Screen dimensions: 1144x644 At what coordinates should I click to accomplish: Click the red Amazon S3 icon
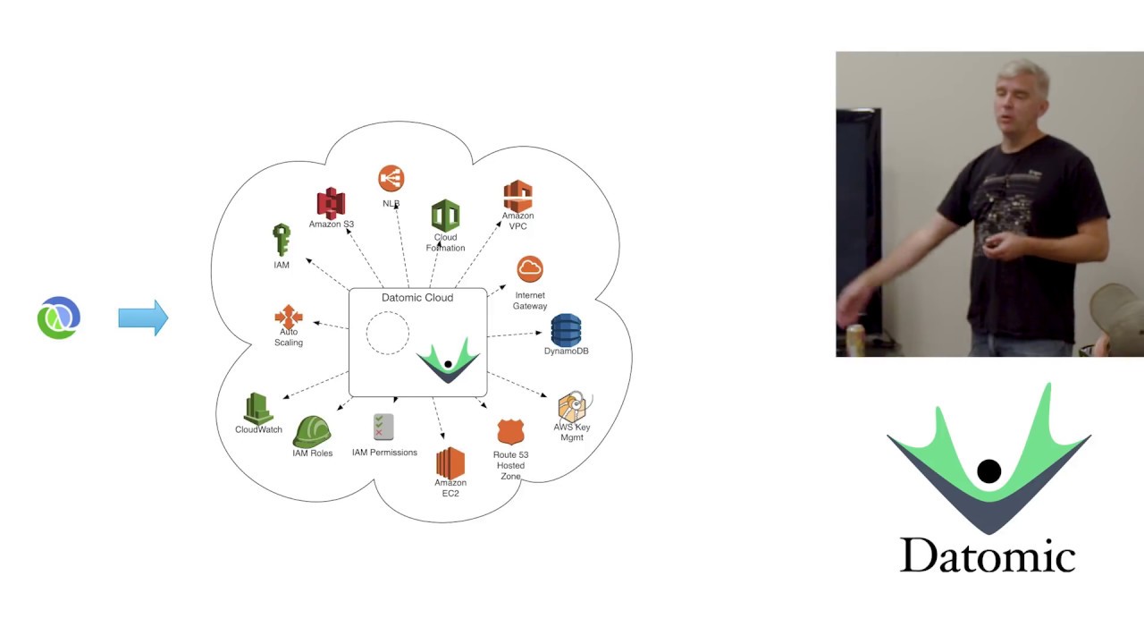(x=331, y=203)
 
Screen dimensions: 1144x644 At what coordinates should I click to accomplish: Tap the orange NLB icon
(x=391, y=178)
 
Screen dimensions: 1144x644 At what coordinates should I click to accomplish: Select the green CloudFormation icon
(x=445, y=216)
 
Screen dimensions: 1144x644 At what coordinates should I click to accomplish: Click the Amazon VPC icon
(x=517, y=196)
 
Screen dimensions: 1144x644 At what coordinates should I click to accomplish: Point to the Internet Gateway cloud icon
(x=530, y=269)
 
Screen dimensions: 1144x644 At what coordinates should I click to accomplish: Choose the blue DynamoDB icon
(x=566, y=330)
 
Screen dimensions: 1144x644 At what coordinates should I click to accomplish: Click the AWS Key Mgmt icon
(x=573, y=407)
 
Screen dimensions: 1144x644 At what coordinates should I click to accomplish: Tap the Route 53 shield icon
(x=510, y=432)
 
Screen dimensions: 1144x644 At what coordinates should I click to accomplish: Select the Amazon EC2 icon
(x=450, y=462)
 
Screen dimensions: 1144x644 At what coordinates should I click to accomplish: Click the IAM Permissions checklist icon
(x=384, y=428)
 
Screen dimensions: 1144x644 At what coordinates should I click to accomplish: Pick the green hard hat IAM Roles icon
(x=312, y=431)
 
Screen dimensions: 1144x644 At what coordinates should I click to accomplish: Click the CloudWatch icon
(x=258, y=409)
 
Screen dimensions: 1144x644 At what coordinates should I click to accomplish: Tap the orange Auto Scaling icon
(x=288, y=317)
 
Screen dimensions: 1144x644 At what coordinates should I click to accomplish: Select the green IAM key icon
(x=282, y=241)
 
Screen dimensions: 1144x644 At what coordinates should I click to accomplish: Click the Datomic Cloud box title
(x=417, y=298)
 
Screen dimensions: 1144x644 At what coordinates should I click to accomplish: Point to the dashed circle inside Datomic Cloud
(x=388, y=333)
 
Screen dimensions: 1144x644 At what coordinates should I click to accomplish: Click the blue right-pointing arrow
(x=143, y=318)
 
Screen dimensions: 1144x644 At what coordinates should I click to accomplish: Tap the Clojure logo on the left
(x=59, y=318)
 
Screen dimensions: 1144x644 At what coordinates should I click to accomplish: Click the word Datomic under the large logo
(x=987, y=555)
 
